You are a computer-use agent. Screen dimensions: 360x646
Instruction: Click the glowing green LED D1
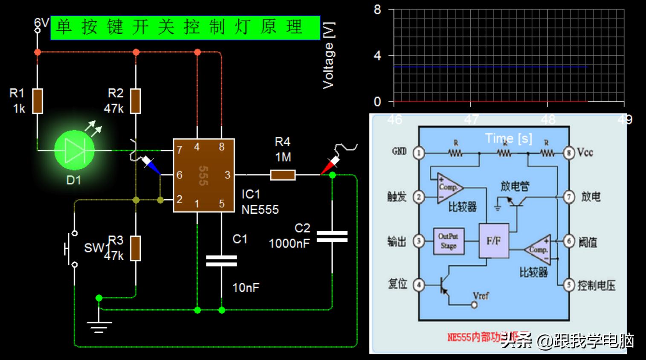(x=74, y=150)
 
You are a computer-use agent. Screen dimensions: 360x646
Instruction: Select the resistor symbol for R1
(x=38, y=101)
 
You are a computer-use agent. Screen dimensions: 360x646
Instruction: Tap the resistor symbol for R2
(x=136, y=101)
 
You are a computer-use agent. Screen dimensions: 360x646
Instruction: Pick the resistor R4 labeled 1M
(x=283, y=174)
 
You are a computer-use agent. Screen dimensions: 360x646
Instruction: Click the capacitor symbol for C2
(x=332, y=237)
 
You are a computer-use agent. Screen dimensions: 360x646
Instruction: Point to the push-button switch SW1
(x=71, y=249)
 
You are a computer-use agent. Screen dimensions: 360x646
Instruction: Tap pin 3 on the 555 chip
(x=227, y=174)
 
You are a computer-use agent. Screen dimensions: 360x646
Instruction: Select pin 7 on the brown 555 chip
(x=180, y=150)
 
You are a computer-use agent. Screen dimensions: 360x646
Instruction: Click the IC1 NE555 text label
(x=260, y=202)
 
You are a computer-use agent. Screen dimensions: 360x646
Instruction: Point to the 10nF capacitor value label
(x=246, y=288)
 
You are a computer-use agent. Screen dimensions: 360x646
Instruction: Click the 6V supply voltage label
(x=41, y=23)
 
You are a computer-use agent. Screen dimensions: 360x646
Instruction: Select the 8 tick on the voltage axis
(x=377, y=10)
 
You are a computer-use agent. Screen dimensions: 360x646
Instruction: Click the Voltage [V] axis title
(x=328, y=55)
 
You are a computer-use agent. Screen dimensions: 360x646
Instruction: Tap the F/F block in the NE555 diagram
(x=493, y=241)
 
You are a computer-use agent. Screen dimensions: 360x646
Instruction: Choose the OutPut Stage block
(x=449, y=241)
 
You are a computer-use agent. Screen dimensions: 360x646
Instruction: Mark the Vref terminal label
(x=481, y=296)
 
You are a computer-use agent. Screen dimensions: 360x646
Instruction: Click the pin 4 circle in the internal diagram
(x=419, y=285)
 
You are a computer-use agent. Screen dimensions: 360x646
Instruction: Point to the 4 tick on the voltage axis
(x=377, y=56)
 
